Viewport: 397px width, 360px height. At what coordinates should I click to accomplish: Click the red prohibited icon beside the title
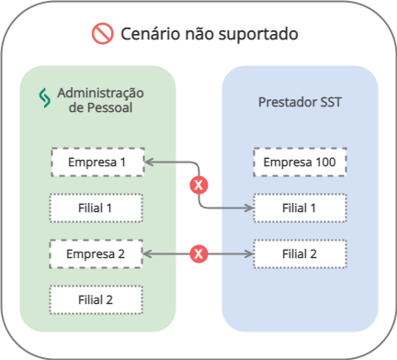click(x=102, y=35)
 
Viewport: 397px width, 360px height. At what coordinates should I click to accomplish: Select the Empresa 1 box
click(x=96, y=163)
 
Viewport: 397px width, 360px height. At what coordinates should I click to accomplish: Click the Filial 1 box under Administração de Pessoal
click(x=96, y=208)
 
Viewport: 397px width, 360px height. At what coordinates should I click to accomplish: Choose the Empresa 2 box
click(x=96, y=253)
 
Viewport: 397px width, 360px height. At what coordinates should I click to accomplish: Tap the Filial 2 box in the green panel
click(x=96, y=298)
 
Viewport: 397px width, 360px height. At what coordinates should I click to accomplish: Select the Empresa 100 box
click(x=300, y=163)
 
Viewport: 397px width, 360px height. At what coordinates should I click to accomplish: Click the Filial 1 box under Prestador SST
click(x=300, y=208)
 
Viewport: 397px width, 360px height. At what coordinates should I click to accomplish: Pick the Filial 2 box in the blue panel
click(x=300, y=253)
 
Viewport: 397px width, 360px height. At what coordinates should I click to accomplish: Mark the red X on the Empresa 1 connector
click(x=197, y=186)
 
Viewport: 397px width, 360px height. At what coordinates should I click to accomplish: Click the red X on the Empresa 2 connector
click(x=197, y=253)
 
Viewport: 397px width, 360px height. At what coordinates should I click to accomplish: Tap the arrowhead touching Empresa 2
click(x=148, y=253)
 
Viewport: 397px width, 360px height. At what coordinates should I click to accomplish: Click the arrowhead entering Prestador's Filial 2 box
click(x=249, y=253)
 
